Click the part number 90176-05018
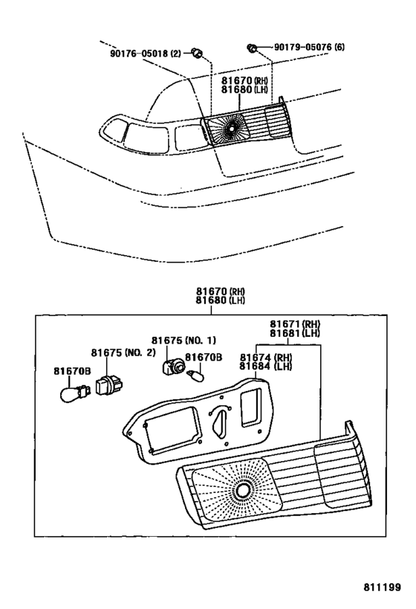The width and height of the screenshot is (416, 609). [x=140, y=54]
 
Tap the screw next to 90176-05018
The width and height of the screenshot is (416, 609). [x=198, y=53]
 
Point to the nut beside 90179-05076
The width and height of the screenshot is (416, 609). [x=252, y=48]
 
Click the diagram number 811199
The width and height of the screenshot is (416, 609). [x=382, y=587]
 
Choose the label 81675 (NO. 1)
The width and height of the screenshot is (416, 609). [x=183, y=341]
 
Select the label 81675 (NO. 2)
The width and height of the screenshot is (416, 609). [x=123, y=352]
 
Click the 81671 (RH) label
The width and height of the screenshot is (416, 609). [x=296, y=324]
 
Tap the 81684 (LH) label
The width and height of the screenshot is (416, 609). [x=265, y=367]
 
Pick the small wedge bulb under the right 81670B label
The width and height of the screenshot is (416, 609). [x=195, y=376]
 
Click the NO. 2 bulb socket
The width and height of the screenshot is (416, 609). [x=109, y=384]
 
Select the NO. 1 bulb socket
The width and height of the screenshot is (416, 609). [x=174, y=367]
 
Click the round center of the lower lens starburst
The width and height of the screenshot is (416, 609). [x=243, y=491]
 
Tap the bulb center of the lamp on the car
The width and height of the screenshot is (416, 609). [x=231, y=127]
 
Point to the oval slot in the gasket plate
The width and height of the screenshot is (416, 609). [x=219, y=424]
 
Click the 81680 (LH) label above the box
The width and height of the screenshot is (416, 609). [x=220, y=300]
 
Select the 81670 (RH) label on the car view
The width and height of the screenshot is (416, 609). [x=244, y=81]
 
